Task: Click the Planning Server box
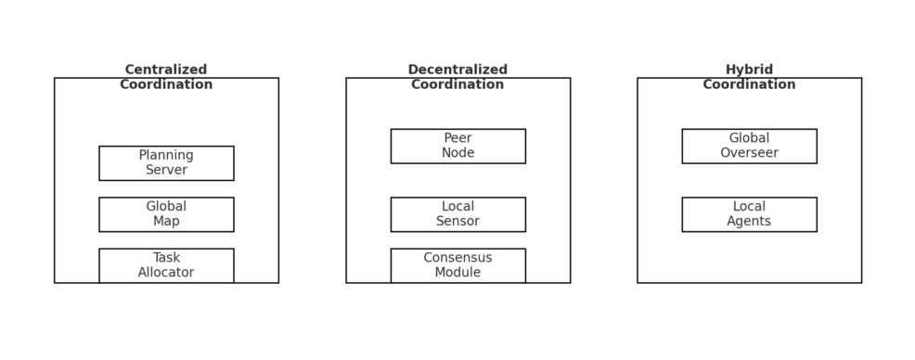(166, 163)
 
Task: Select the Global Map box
(166, 214)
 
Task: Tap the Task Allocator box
(166, 265)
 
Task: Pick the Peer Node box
(457, 146)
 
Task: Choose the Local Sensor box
(457, 214)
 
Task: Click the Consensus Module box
(457, 265)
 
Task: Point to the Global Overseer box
(749, 146)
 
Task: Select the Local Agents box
(749, 214)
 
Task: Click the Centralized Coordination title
(166, 77)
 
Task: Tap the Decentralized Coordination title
(457, 77)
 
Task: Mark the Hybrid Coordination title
(749, 77)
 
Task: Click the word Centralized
(166, 70)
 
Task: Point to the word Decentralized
(457, 70)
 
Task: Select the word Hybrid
(749, 70)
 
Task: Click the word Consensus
(457, 258)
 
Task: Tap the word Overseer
(749, 153)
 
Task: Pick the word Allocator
(166, 273)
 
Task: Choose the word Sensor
(457, 222)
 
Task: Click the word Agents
(749, 222)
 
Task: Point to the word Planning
(166, 156)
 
